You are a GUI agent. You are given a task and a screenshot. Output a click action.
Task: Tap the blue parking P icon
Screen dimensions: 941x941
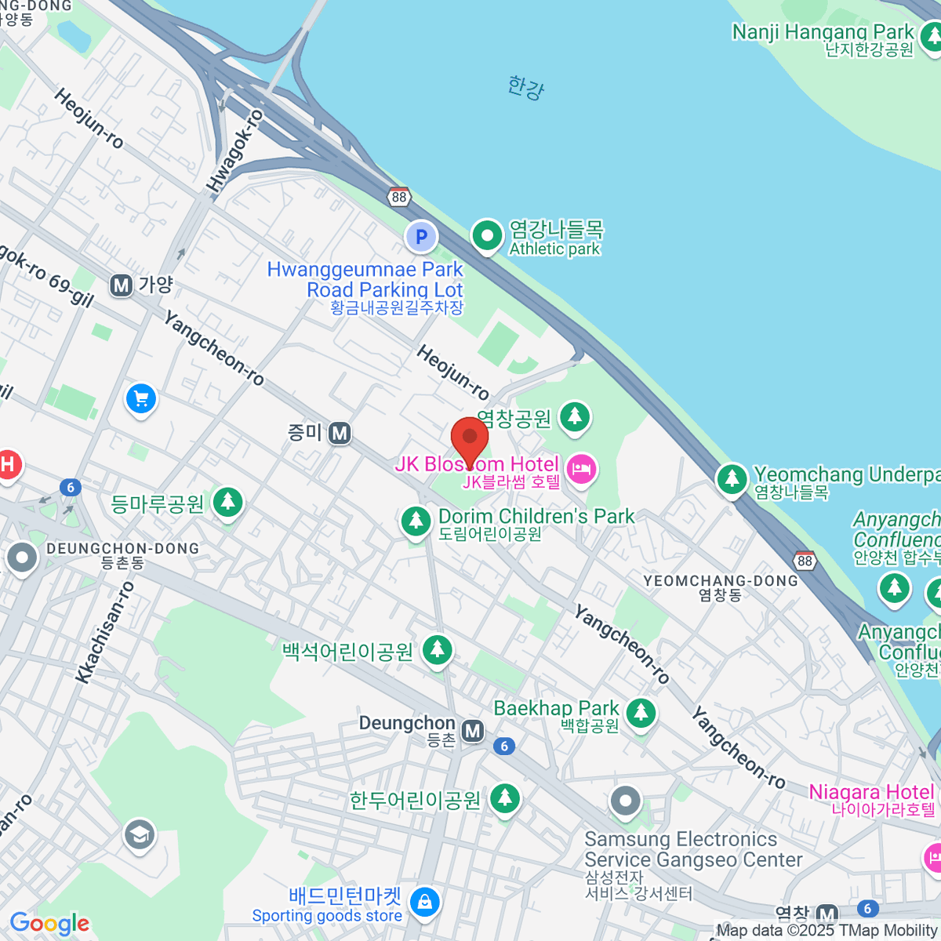pos(421,236)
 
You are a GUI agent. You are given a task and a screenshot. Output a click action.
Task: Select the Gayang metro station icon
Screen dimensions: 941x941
pos(121,285)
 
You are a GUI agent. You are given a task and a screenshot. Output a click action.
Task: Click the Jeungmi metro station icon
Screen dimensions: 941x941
pos(340,433)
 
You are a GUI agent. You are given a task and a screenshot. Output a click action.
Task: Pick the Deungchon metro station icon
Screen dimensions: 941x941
pos(472,732)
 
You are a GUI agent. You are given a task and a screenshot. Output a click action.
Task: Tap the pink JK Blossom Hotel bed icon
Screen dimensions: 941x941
pos(581,470)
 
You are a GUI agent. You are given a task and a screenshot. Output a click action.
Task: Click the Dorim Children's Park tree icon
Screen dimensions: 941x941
pos(416,521)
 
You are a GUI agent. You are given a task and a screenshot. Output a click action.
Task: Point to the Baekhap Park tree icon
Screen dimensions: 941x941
pos(641,712)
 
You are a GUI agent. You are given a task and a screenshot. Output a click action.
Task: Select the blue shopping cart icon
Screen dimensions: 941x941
pos(141,400)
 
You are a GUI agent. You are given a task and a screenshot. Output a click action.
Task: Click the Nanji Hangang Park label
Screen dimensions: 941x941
pos(823,32)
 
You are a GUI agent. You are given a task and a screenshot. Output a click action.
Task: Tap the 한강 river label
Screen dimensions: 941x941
pos(525,86)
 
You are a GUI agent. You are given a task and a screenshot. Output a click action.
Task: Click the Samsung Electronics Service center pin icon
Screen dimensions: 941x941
pos(625,801)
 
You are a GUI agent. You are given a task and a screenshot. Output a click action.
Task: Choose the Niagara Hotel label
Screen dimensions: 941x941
pos(871,792)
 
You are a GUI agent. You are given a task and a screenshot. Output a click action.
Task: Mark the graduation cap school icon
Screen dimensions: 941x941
pos(140,835)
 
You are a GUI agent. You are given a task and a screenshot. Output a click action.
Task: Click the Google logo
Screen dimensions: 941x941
pos(49,923)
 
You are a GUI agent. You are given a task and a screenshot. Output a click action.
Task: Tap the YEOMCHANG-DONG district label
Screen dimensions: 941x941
pos(720,581)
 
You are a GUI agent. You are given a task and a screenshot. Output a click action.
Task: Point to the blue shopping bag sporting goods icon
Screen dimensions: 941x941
pos(424,902)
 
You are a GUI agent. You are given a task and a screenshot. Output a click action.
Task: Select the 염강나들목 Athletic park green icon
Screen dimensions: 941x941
pos(487,235)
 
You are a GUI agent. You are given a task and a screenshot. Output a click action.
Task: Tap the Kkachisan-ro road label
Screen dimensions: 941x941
pos(106,632)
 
